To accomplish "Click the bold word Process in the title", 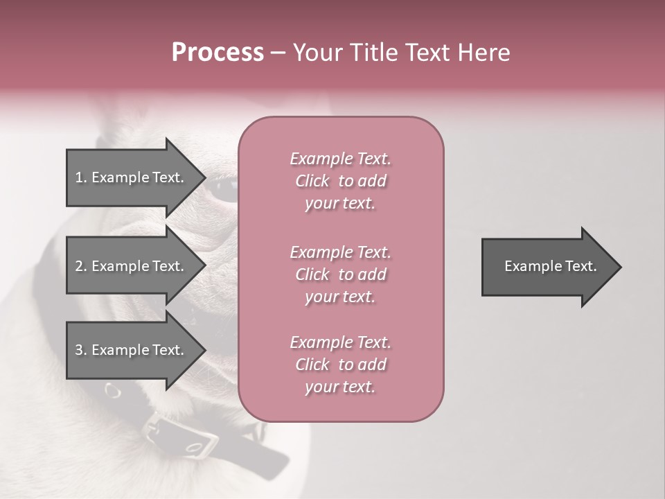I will [x=218, y=53].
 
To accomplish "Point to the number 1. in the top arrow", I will [x=81, y=177].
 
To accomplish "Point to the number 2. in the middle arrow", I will [x=81, y=266].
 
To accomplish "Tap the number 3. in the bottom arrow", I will [x=81, y=350].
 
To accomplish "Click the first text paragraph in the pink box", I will [x=340, y=181].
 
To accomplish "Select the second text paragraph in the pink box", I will [x=340, y=274].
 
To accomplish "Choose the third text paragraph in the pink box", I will [x=340, y=365].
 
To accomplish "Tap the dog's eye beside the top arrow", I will [x=225, y=189].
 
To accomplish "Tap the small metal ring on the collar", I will [x=112, y=392].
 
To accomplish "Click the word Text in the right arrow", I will [x=580, y=266].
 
